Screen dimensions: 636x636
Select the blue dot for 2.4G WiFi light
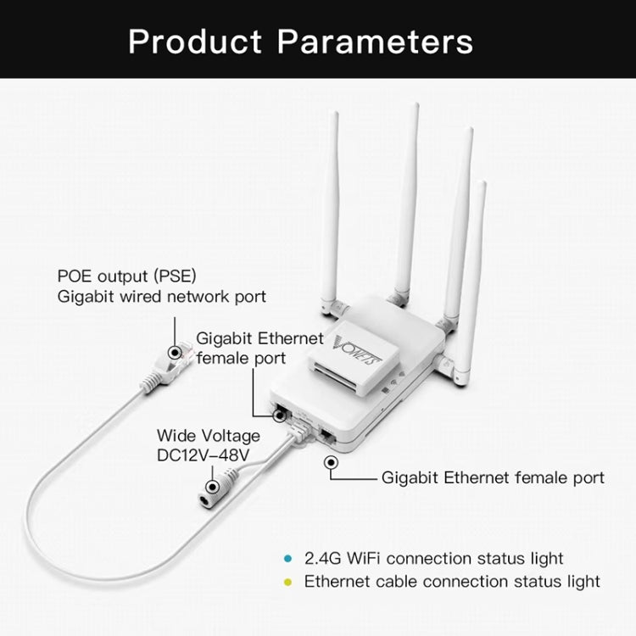coord(287,559)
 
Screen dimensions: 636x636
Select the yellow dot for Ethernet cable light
coord(287,582)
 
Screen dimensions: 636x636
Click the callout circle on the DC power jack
coord(209,486)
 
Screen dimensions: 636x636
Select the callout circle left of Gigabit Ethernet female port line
coord(330,462)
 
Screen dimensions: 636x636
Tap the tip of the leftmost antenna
coord(335,113)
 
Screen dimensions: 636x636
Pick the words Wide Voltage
coord(209,435)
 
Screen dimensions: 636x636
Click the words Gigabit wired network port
coord(161,297)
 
